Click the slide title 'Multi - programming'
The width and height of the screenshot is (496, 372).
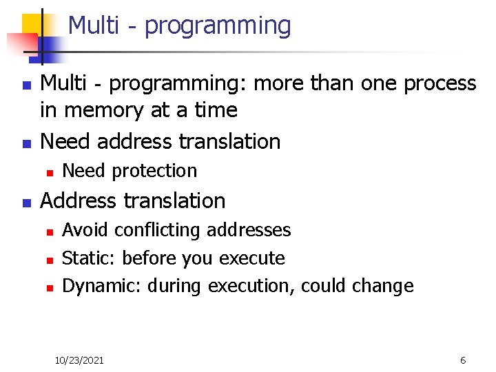pyautogui.click(x=179, y=25)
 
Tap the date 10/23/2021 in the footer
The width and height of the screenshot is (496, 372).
pyautogui.click(x=79, y=361)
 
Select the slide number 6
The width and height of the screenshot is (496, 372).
pyautogui.click(x=463, y=361)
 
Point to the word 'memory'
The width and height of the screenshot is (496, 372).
pyautogui.click(x=102, y=110)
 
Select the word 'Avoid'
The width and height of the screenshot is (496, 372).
pyautogui.click(x=86, y=229)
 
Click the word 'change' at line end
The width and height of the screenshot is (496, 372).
pyautogui.click(x=383, y=286)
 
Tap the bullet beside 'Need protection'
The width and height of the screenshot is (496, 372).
pyautogui.click(x=48, y=172)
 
